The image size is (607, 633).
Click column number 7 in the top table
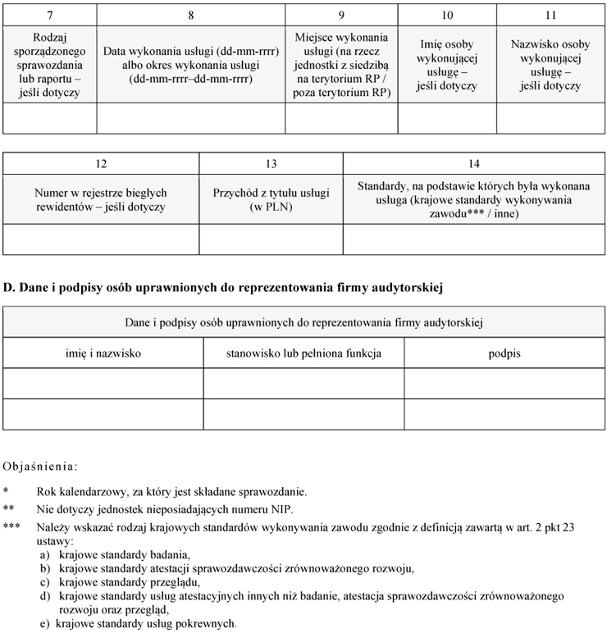(x=50, y=16)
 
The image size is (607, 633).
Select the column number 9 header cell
(x=341, y=16)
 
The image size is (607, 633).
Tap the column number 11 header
(x=550, y=16)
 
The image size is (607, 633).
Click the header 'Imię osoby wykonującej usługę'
(x=446, y=65)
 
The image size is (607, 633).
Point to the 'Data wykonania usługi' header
(x=191, y=65)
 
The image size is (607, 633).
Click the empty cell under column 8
(x=191, y=118)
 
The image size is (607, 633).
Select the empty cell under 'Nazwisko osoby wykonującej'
(x=550, y=118)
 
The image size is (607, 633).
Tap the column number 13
(x=271, y=164)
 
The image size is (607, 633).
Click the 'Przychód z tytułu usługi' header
(x=271, y=200)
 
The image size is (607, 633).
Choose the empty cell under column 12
(x=101, y=239)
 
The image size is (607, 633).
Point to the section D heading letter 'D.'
(x=10, y=288)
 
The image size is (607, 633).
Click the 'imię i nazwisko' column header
(x=103, y=353)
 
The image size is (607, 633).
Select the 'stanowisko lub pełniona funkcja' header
(x=303, y=353)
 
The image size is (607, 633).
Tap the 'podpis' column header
(x=504, y=353)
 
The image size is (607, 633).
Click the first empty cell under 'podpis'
(x=504, y=383)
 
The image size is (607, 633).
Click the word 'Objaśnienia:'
(x=41, y=467)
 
